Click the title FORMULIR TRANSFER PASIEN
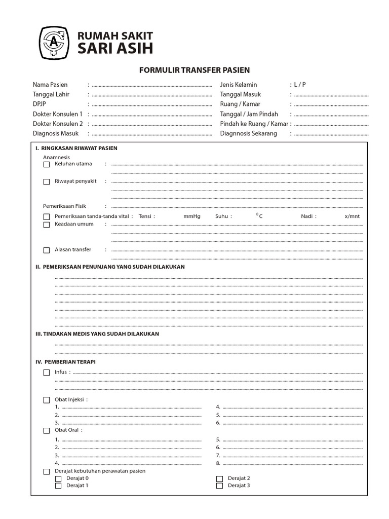pos(194,70)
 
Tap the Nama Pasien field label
pos(50,85)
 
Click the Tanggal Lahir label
pos(51,94)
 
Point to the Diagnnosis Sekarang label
pos(248,133)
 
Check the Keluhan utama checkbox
pos(47,164)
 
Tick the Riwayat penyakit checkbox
pos(47,181)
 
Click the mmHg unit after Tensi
pos(192,216)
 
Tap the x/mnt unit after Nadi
pos(352,216)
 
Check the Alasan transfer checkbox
pos(47,250)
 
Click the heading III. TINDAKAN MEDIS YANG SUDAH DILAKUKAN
pos(97,334)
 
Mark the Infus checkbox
pos(47,373)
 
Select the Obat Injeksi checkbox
pos(47,400)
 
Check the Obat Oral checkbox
pos(47,430)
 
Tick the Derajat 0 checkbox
pos(58,478)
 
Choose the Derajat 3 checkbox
pos(220,486)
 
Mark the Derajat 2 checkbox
pos(220,478)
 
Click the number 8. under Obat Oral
pos(218,463)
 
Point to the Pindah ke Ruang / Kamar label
pos(254,124)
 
